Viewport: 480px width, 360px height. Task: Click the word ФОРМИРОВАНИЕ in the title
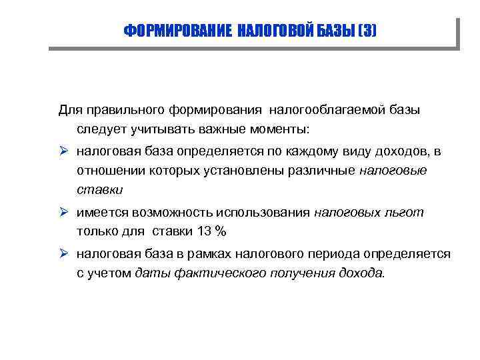pos(178,31)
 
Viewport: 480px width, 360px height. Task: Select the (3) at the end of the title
pos(367,31)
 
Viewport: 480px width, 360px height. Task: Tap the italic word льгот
pos(404,213)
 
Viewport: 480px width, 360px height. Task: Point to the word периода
pos(331,254)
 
